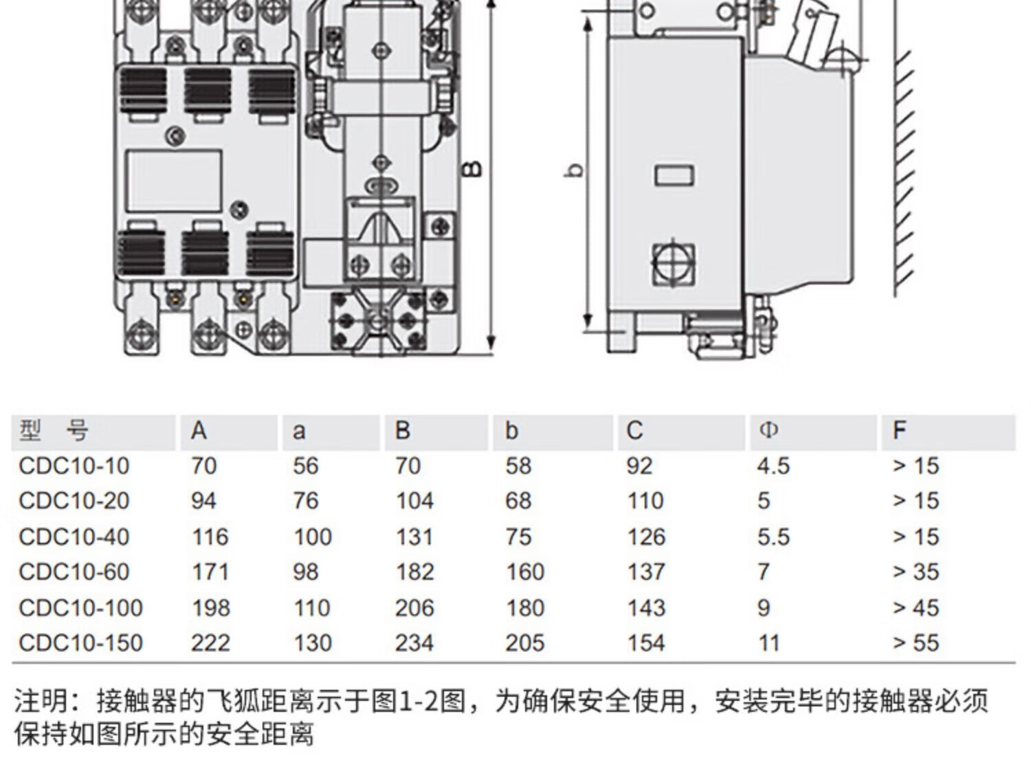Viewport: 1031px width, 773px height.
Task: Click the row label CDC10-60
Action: (x=74, y=572)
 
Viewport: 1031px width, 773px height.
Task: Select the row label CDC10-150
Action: (x=80, y=643)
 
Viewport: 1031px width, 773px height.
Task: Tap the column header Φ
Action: (x=768, y=431)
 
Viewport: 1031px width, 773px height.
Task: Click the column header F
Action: (x=898, y=431)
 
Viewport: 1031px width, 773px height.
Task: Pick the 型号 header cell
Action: (x=54, y=431)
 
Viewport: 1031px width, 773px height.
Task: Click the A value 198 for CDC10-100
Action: (x=210, y=607)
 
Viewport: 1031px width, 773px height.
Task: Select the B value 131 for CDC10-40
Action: (x=414, y=537)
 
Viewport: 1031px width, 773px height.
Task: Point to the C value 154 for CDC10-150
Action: (x=645, y=643)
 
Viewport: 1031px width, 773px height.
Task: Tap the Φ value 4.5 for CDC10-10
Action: (x=773, y=466)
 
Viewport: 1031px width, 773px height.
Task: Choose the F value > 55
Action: (x=916, y=643)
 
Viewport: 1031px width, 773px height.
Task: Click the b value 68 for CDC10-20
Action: (x=518, y=501)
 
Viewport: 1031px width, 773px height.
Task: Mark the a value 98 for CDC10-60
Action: (x=305, y=572)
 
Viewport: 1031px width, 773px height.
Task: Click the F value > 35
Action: (x=916, y=572)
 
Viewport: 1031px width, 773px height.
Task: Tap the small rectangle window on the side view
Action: (x=674, y=175)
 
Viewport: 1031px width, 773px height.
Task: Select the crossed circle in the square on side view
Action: (x=673, y=264)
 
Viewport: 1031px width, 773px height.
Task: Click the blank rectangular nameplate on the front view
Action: (x=174, y=181)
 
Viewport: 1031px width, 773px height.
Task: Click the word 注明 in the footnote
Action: (x=41, y=702)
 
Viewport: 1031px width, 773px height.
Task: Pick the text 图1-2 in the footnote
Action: (x=419, y=702)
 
